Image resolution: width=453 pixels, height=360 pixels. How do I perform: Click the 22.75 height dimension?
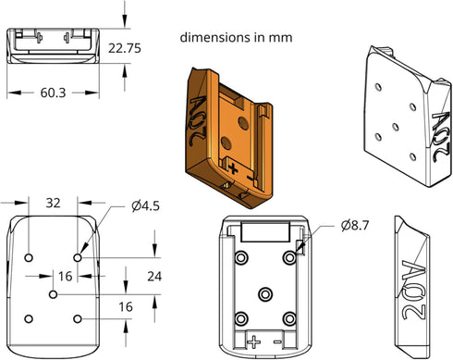pyautogui.click(x=125, y=48)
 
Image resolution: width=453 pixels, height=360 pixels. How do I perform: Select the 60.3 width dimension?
pyautogui.click(x=53, y=93)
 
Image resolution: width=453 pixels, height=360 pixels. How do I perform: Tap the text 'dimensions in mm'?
pyautogui.click(x=236, y=38)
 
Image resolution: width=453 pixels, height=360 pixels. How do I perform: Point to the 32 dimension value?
pyautogui.click(x=53, y=203)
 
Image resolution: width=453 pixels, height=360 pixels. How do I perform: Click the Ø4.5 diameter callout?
pyautogui.click(x=145, y=205)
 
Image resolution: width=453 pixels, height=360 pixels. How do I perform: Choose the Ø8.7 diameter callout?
pyautogui.click(x=355, y=226)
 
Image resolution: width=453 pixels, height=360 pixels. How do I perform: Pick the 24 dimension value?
pyautogui.click(x=154, y=277)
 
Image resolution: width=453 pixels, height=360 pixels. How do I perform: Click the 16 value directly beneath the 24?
pyautogui.click(x=126, y=306)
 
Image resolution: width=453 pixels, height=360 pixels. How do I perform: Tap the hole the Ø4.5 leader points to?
pyautogui.click(x=78, y=257)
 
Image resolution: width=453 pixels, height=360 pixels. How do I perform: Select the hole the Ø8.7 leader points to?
pyautogui.click(x=289, y=257)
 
